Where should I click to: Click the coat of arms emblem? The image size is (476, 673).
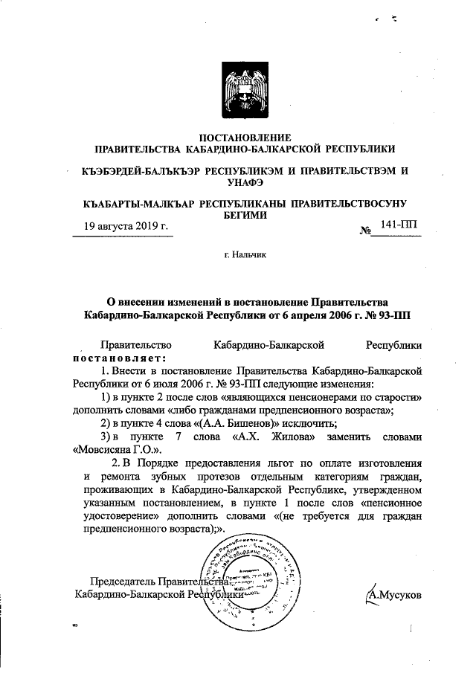(x=246, y=93)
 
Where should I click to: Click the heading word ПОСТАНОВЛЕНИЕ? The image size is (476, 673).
(x=246, y=137)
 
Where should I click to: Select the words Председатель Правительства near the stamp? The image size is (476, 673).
(x=156, y=582)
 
